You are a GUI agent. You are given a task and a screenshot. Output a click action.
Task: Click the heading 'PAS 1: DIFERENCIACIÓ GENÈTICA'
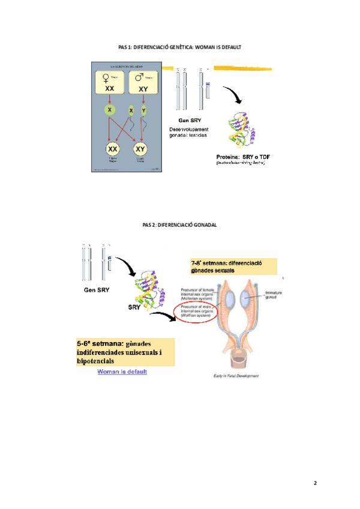179,46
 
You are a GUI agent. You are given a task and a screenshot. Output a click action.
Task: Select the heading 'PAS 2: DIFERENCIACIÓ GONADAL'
179,224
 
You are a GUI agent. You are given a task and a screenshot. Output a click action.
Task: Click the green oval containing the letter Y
144,110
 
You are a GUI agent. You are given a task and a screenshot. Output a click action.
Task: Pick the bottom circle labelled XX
112,149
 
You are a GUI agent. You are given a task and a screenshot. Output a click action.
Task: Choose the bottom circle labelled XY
140,149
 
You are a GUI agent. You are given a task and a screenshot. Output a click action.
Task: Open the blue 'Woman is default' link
122,372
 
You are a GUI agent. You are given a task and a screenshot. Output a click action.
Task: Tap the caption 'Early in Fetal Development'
236,376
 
